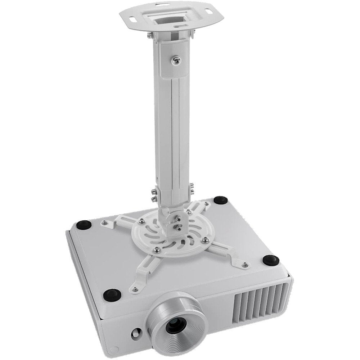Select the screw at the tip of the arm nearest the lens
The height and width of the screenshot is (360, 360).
click(135, 287)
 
